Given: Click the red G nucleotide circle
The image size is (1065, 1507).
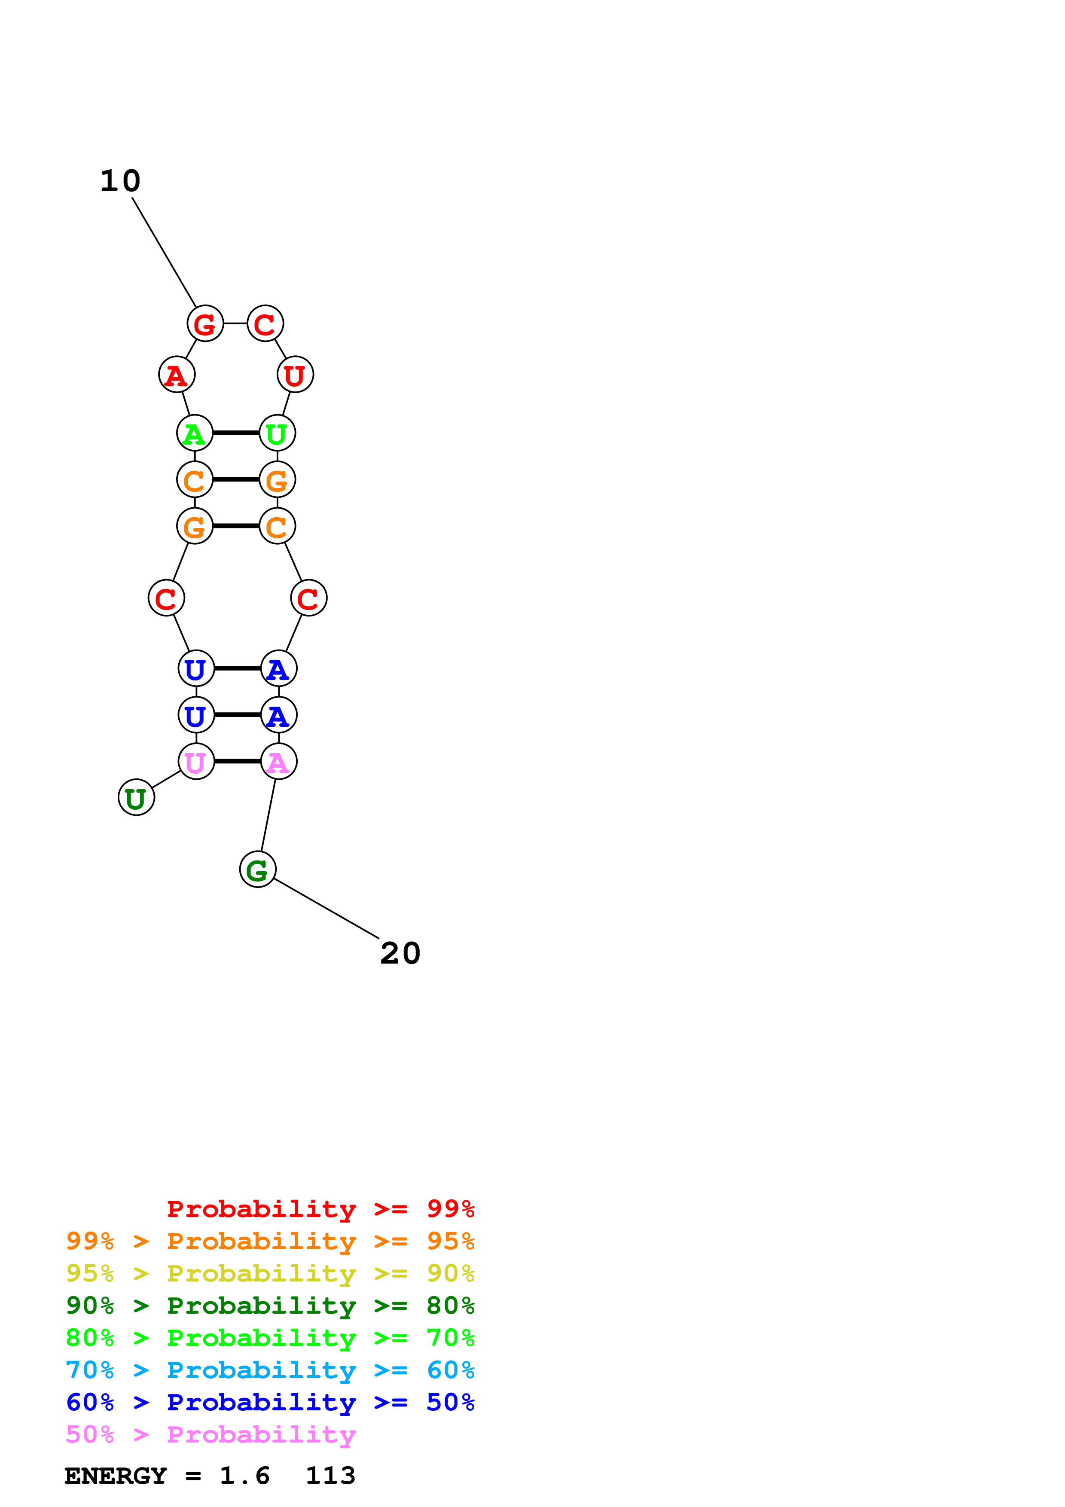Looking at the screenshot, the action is (x=205, y=323).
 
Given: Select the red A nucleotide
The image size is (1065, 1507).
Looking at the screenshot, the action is (x=177, y=375).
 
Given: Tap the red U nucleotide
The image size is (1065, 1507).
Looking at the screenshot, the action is (x=295, y=375).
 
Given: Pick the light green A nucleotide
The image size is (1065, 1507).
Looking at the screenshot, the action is (x=194, y=433).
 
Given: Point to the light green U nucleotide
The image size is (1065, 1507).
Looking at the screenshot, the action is (x=277, y=433).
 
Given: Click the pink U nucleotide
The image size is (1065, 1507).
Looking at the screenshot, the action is (x=196, y=761).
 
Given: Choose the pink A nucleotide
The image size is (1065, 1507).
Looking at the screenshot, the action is (x=278, y=761).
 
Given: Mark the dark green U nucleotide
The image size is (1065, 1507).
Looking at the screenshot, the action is (x=136, y=797).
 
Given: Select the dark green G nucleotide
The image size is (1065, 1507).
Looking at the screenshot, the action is (x=257, y=869).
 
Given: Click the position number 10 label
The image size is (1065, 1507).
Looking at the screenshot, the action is (x=120, y=181).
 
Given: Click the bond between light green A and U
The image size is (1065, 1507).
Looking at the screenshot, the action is (x=235, y=433).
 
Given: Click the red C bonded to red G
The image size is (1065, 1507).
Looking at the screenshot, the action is (x=265, y=323).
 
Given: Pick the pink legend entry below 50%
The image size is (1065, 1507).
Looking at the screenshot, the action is (x=211, y=1435).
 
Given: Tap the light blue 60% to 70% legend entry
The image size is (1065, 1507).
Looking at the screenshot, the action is (x=270, y=1370).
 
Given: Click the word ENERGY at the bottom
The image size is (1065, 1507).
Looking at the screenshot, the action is (x=116, y=1476).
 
